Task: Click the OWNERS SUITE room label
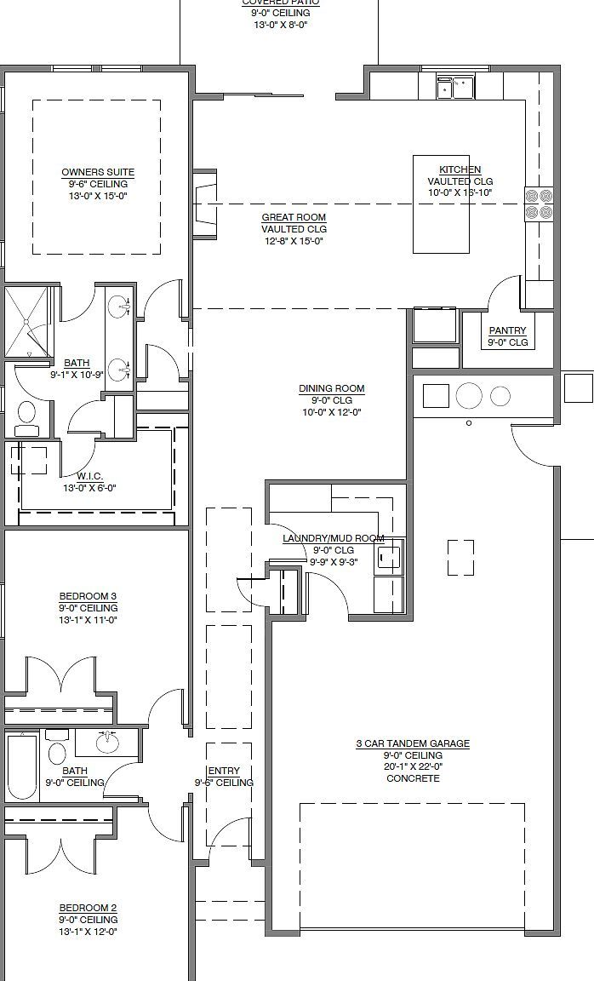pos(97,172)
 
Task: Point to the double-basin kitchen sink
pos(454,87)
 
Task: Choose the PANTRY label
pos(508,330)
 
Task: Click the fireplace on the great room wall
pos(204,204)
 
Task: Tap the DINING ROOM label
pos(331,389)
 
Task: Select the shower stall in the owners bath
pos(28,322)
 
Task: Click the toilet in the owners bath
pos(26,415)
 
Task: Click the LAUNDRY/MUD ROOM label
pos(333,538)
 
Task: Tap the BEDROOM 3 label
pos(88,596)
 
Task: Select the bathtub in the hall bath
pos(21,766)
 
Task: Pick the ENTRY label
pos(224,771)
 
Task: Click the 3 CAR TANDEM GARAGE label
pos(413,743)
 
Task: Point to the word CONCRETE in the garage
pos(413,778)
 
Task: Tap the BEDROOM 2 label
pos(88,908)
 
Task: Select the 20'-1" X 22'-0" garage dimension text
pos(413,766)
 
